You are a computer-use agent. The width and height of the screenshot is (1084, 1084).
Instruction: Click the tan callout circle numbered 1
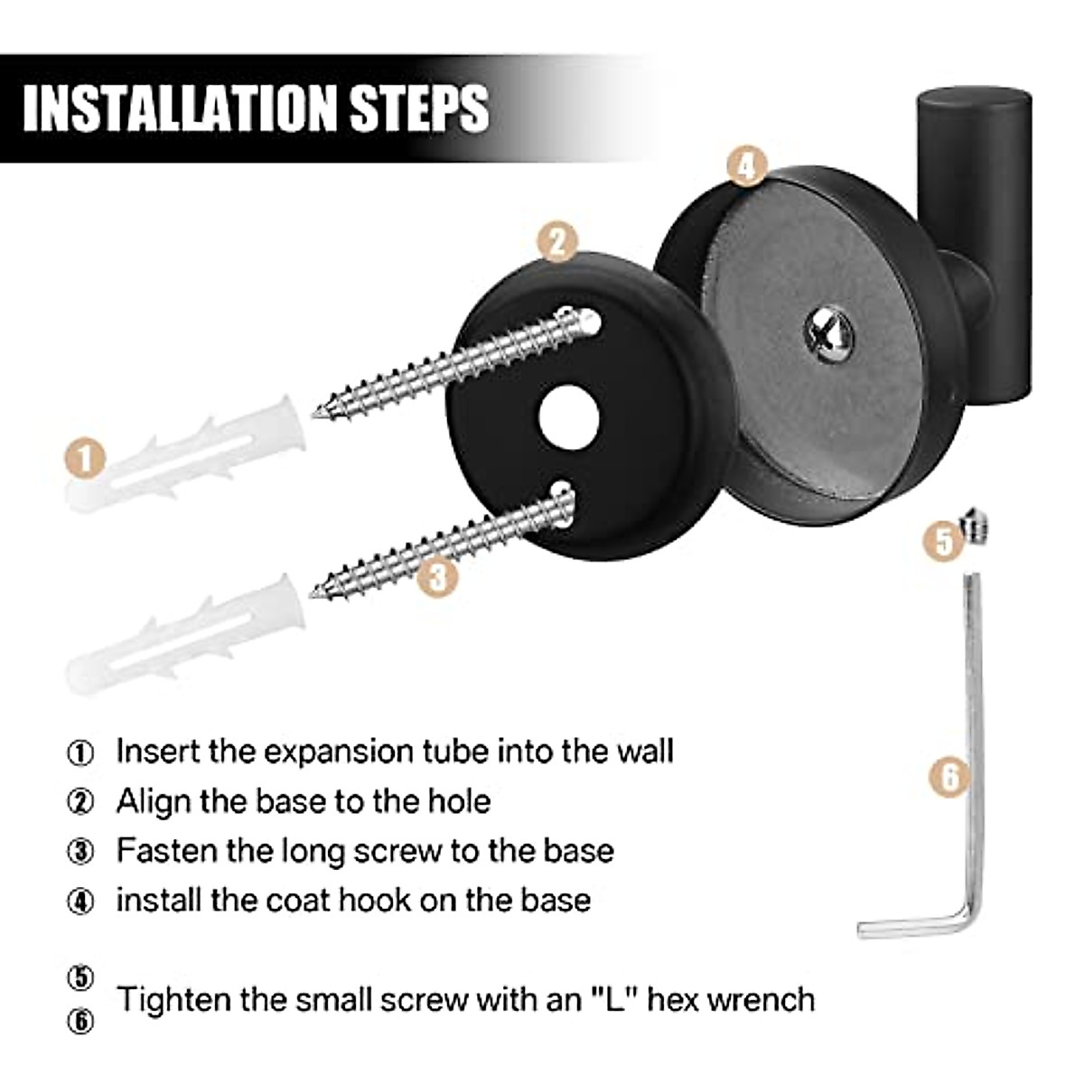pyautogui.click(x=86, y=459)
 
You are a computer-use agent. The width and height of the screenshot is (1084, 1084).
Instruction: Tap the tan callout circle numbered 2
pyautogui.click(x=557, y=242)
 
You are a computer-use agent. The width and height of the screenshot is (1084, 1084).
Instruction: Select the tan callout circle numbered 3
pyautogui.click(x=437, y=576)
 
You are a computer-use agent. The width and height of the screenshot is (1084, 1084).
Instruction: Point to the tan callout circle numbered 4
pyautogui.click(x=746, y=166)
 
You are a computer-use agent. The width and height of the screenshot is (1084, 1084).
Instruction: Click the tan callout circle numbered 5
pyautogui.click(x=945, y=541)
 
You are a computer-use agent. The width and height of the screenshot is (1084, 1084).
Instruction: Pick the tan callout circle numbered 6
pyautogui.click(x=950, y=777)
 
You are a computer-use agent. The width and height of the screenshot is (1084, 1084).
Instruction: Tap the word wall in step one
pyautogui.click(x=647, y=751)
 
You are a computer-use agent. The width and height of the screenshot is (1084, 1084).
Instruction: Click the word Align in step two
pyautogui.click(x=154, y=801)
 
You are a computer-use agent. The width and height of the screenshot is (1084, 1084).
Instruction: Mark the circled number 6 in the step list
pyautogui.click(x=80, y=1021)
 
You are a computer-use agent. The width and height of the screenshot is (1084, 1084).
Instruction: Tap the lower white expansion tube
pyautogui.click(x=186, y=636)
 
